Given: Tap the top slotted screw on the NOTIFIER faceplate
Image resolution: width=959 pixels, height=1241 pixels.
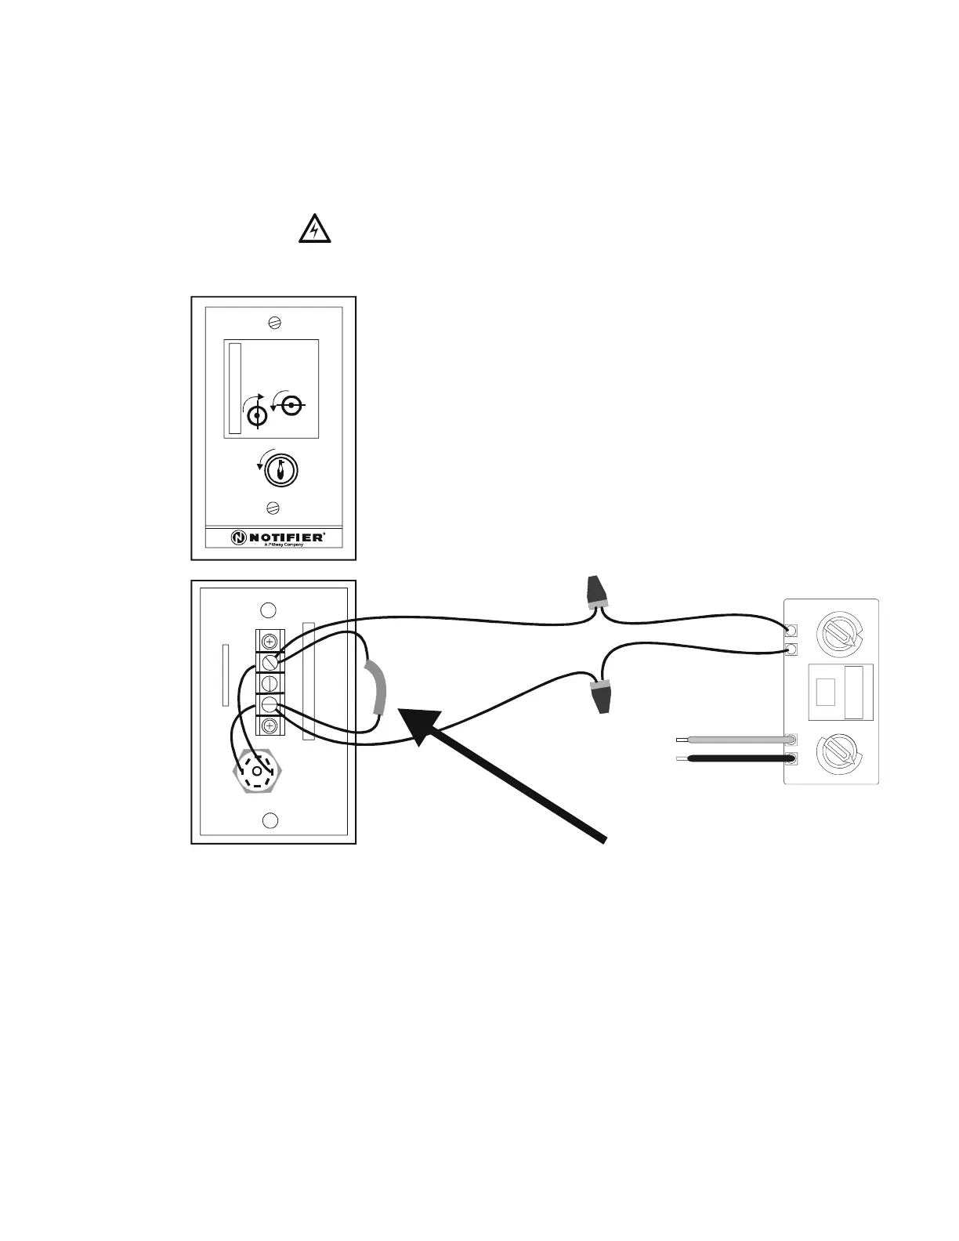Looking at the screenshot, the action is tap(274, 322).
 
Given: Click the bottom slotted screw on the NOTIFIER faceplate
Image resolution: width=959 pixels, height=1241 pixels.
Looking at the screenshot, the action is tap(273, 508).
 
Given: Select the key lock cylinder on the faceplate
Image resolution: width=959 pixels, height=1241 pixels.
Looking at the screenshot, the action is tap(280, 470).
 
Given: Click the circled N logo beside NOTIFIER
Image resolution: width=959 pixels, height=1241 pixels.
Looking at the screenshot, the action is tap(238, 537).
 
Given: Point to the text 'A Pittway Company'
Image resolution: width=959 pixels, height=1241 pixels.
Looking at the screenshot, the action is tap(284, 545).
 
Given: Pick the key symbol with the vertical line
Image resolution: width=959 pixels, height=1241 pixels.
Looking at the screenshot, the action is tap(258, 414).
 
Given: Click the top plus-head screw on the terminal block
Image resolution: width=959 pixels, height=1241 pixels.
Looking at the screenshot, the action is tap(270, 640).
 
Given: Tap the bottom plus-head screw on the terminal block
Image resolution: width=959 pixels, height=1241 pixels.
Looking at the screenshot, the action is tap(270, 725).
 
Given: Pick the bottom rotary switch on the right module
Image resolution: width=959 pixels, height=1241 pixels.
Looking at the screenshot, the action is tap(838, 753).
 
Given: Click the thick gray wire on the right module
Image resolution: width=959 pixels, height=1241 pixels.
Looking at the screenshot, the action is tap(736, 739).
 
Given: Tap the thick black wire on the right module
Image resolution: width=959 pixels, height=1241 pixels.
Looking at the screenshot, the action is tap(736, 758).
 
